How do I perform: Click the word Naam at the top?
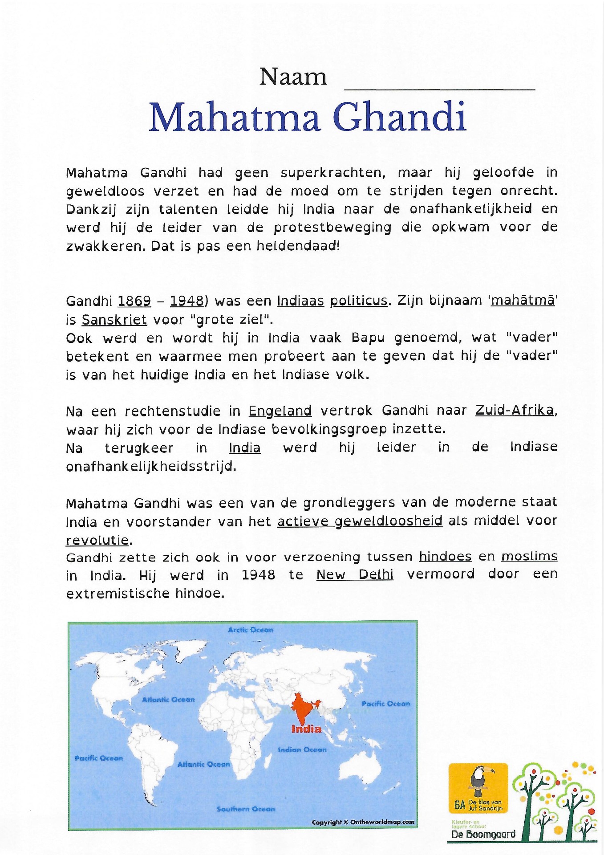click(293, 77)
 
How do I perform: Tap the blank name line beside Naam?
click(440, 85)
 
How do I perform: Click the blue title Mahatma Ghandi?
click(308, 118)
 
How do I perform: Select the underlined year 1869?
click(134, 301)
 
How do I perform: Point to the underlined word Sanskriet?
click(114, 320)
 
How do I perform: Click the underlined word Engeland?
click(280, 411)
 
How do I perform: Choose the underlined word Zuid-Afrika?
click(515, 410)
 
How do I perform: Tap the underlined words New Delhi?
click(355, 575)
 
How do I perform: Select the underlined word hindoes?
click(445, 557)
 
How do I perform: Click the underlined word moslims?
click(529, 556)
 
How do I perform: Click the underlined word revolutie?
click(97, 541)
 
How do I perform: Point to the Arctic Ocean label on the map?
click(251, 630)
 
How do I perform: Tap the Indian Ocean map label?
click(302, 750)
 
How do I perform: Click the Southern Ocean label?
click(246, 809)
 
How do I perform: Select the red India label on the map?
click(306, 729)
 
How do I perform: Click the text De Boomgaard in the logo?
click(483, 834)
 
